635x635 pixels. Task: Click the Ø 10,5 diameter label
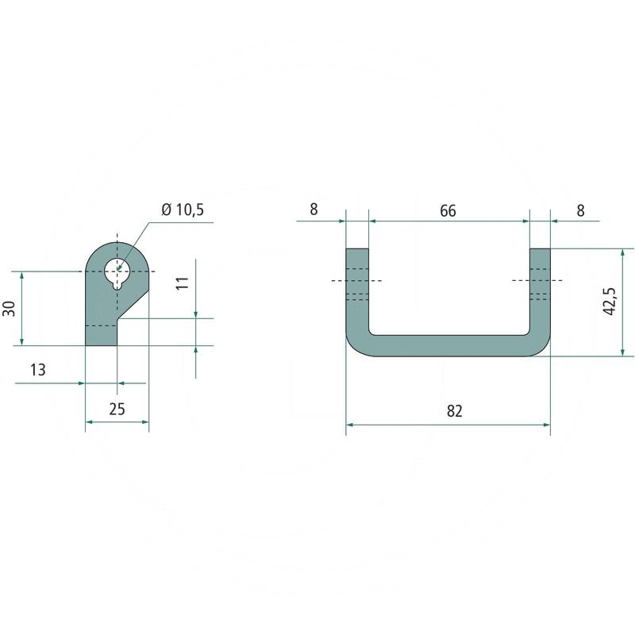point(183,210)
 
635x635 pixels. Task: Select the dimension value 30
point(10,309)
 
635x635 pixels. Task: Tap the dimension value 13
point(38,370)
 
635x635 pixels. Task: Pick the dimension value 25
point(117,409)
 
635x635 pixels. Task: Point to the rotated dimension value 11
point(183,283)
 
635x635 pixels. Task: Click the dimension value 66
point(448,210)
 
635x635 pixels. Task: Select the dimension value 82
point(454,410)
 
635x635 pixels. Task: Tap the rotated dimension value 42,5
point(609,301)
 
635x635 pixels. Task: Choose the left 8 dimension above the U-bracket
point(314,210)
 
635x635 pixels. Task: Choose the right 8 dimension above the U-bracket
point(580,210)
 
